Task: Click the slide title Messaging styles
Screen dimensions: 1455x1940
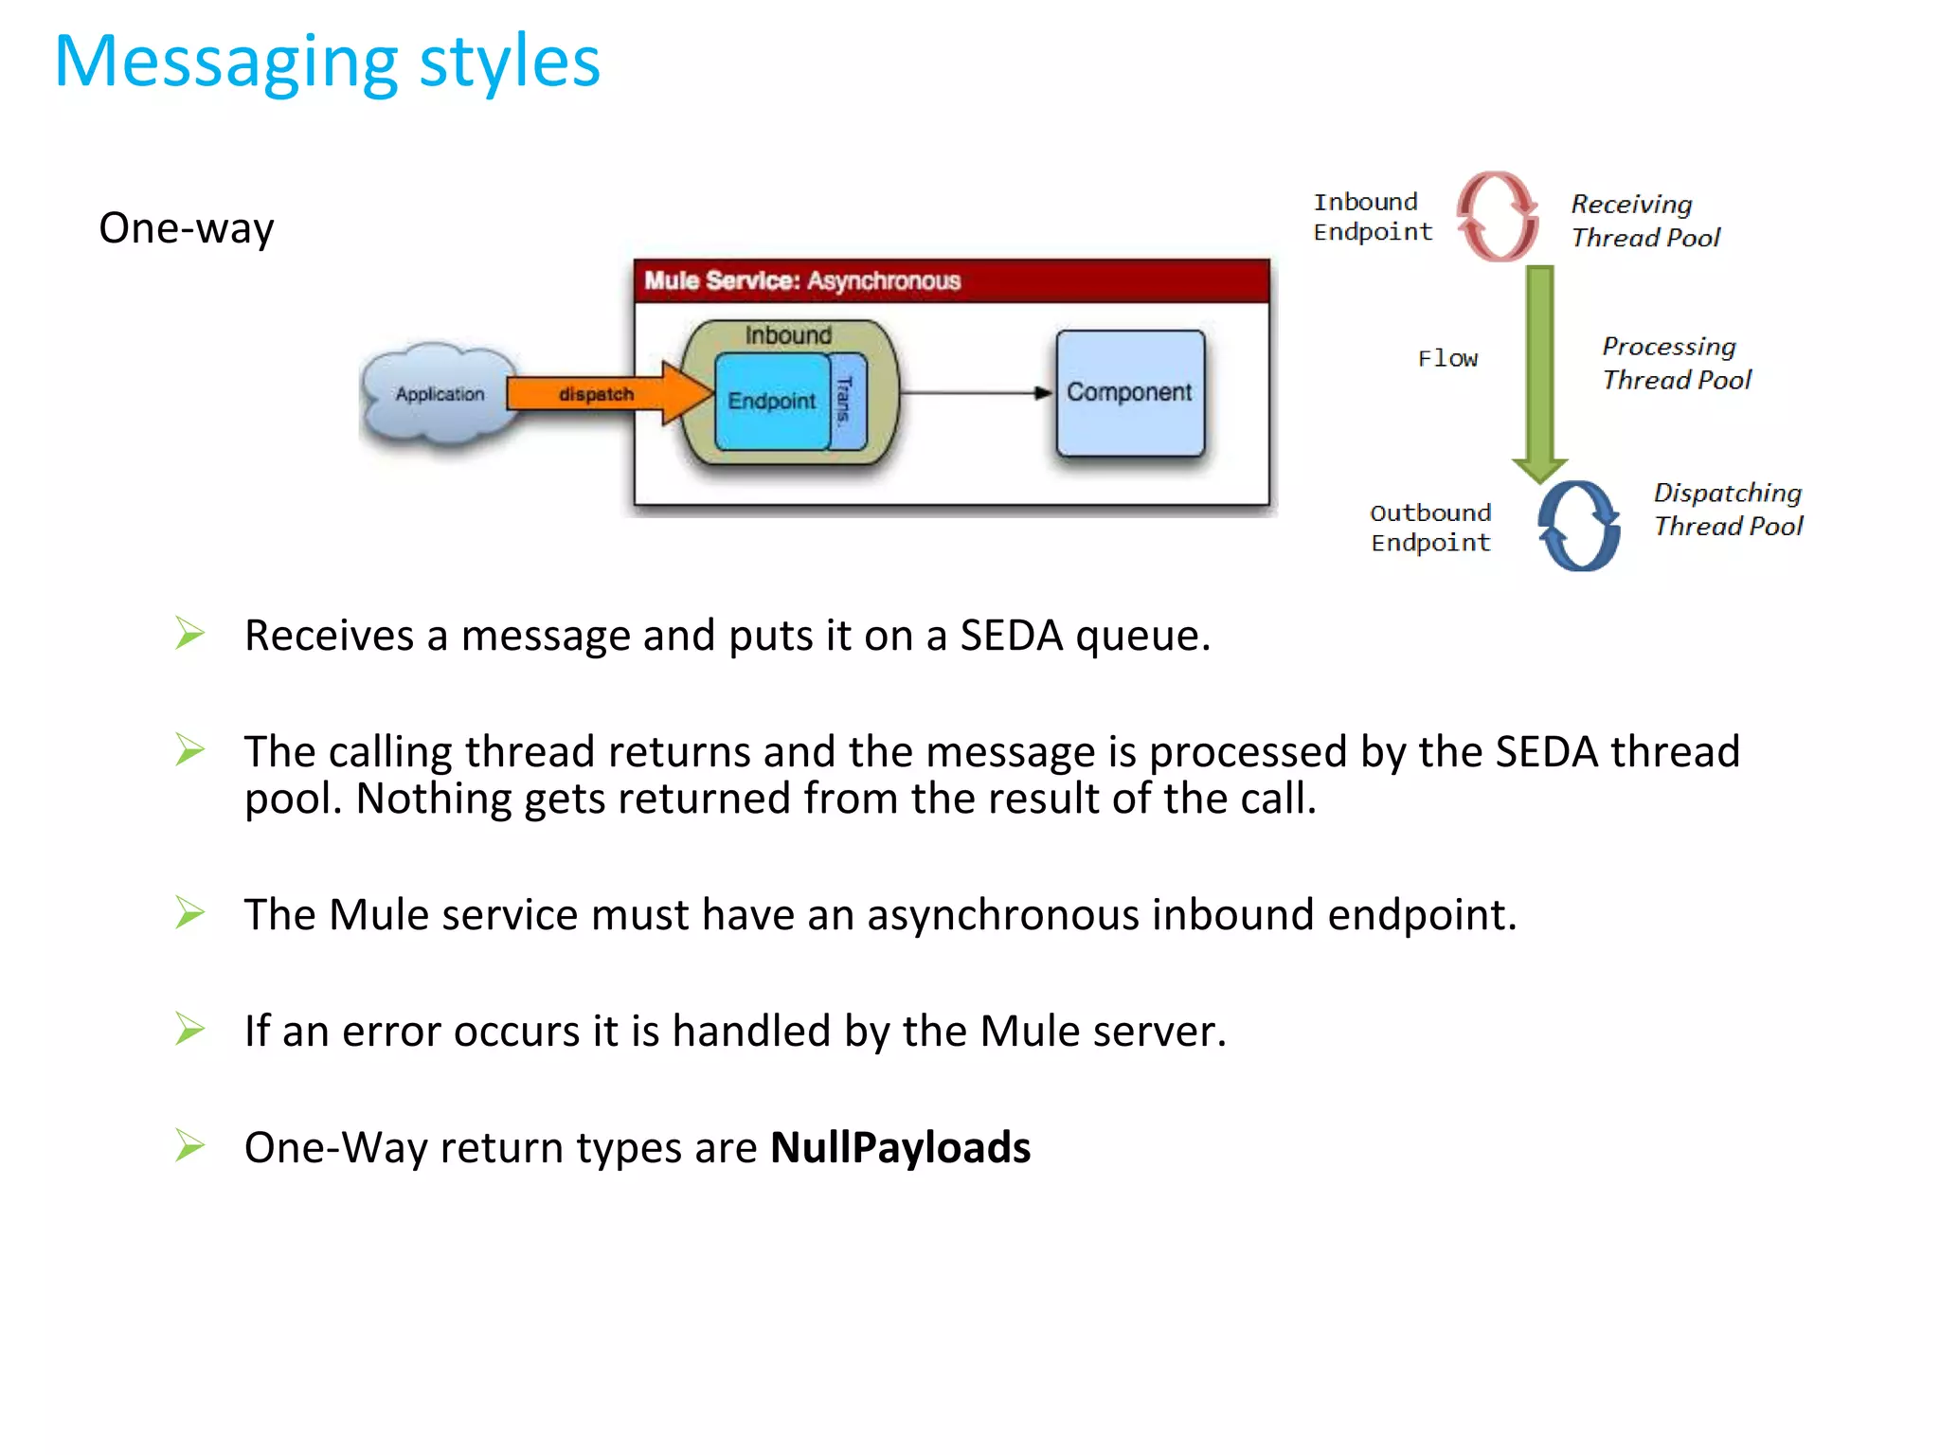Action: click(327, 63)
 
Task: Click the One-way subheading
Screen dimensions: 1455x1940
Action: click(187, 228)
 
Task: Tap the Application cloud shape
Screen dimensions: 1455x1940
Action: click(439, 394)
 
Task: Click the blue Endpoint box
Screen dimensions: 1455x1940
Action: click(770, 401)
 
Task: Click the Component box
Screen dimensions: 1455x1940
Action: click(1129, 393)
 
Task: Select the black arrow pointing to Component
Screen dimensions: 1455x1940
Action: click(976, 392)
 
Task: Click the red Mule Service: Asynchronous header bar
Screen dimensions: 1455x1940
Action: click(951, 280)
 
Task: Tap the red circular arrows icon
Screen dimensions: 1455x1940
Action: click(1498, 216)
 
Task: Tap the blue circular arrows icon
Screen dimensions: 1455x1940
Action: click(1578, 526)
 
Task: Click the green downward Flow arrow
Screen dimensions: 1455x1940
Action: click(1540, 369)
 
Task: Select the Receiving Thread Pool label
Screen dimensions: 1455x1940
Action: click(1644, 221)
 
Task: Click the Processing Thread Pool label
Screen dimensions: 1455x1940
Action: click(1676, 363)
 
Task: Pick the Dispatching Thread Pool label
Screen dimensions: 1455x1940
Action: click(1727, 510)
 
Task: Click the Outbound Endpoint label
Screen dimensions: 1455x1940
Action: click(1430, 528)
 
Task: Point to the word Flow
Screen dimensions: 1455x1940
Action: click(1447, 359)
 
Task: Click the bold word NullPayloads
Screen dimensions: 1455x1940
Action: click(900, 1148)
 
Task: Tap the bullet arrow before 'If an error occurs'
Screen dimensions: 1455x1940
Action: click(190, 1029)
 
